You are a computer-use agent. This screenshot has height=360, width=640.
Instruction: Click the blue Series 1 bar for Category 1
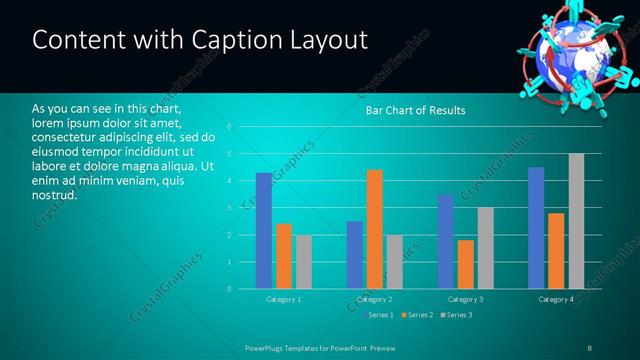pyautogui.click(x=263, y=231)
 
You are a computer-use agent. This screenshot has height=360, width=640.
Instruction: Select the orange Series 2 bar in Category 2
pyautogui.click(x=374, y=229)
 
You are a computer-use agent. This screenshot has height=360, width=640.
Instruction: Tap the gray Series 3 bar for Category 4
pyautogui.click(x=576, y=221)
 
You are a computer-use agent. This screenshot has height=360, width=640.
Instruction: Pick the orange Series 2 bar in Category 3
pyautogui.click(x=466, y=264)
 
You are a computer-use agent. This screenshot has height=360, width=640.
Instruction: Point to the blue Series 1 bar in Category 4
pyautogui.click(x=536, y=228)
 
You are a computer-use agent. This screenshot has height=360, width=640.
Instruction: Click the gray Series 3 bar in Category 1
pyautogui.click(x=303, y=262)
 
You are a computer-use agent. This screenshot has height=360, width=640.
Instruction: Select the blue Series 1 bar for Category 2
pyautogui.click(x=354, y=255)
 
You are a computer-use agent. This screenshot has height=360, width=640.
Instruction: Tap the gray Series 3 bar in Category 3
pyautogui.click(x=485, y=248)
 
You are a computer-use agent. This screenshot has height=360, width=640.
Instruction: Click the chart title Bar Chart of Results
pyautogui.click(x=415, y=110)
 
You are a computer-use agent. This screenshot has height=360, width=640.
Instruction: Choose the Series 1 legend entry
pyautogui.click(x=380, y=315)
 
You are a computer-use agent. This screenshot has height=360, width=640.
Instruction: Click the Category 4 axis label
pyautogui.click(x=556, y=299)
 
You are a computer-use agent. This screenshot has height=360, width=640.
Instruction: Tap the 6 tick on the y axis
pyautogui.click(x=230, y=127)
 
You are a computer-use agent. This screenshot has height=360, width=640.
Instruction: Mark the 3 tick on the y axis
pyautogui.click(x=230, y=208)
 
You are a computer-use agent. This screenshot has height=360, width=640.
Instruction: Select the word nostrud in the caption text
pyautogui.click(x=54, y=194)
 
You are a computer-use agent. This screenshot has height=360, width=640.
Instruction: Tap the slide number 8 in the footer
pyautogui.click(x=590, y=347)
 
